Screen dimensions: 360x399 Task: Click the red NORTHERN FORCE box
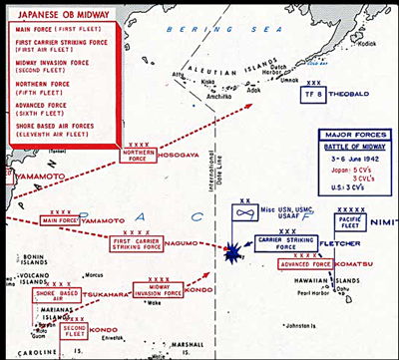[x=137, y=155]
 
